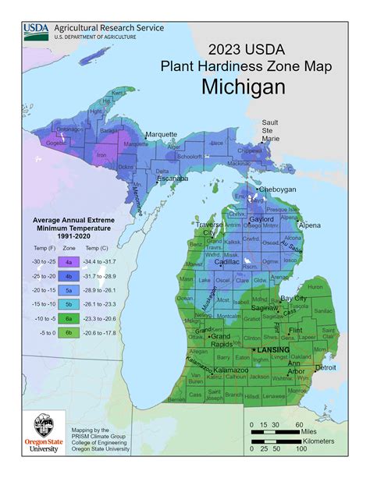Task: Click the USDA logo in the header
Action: [36, 30]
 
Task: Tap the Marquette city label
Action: [161, 133]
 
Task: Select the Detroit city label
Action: [326, 366]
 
